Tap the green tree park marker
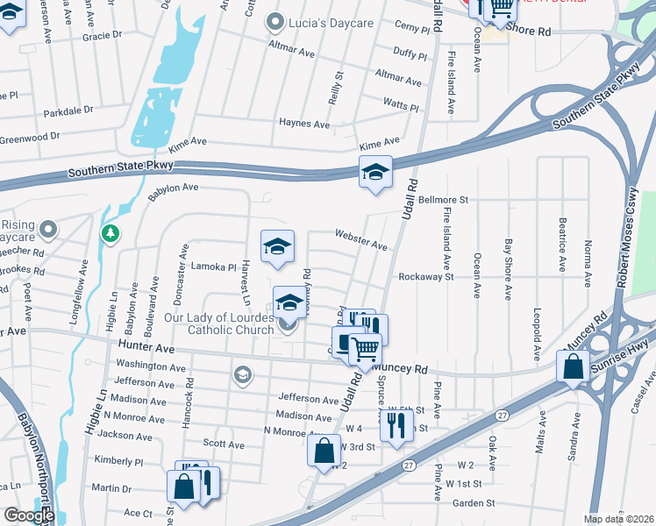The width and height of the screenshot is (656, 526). (x=110, y=233)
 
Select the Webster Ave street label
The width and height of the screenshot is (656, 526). (x=360, y=240)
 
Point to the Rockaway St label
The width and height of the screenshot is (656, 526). (x=425, y=276)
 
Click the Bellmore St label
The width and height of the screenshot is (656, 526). (x=444, y=200)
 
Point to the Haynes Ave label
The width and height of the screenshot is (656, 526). (x=303, y=124)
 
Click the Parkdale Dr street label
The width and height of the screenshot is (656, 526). (x=68, y=110)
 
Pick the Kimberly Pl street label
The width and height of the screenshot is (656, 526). (x=118, y=461)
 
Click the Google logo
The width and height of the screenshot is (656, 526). (x=29, y=515)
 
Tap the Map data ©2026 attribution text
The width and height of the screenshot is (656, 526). (x=618, y=519)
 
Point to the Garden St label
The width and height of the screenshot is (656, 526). (x=474, y=503)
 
